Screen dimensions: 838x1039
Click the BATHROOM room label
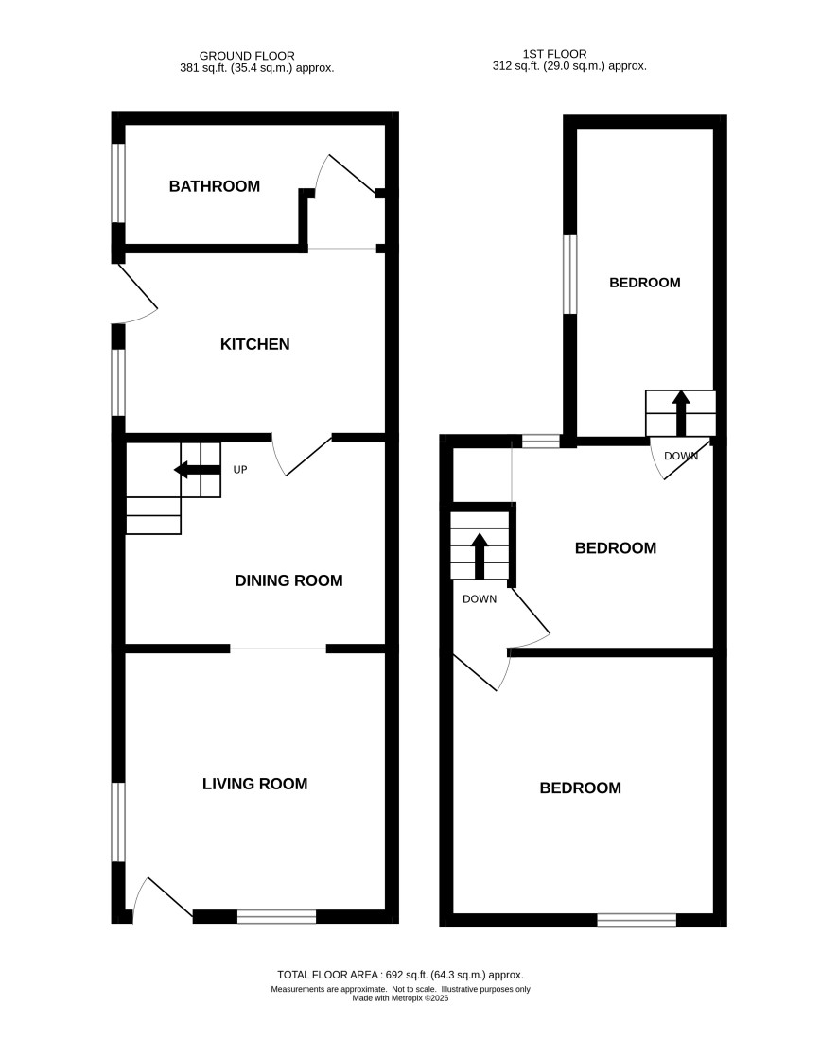point(214,186)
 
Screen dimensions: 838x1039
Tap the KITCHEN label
point(254,344)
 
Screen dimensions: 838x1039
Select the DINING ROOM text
point(289,580)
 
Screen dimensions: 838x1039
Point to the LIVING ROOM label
point(254,784)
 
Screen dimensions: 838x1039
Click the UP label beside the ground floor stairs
point(240,470)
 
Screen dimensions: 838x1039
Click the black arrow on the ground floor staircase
point(197,470)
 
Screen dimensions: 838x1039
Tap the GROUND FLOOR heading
point(247,57)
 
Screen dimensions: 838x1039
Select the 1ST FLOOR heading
point(555,54)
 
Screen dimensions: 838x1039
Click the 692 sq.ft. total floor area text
point(400,975)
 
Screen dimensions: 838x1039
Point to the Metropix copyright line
point(400,998)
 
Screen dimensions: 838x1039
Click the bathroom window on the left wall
point(118,182)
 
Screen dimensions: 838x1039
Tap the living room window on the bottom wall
point(276,916)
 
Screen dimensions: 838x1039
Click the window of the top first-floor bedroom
point(569,274)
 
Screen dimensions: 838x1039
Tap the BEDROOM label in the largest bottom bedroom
point(580,788)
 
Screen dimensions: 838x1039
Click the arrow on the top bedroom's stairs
point(681,413)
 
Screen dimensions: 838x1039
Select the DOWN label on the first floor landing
point(480,599)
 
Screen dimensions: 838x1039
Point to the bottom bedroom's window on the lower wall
point(637,921)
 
